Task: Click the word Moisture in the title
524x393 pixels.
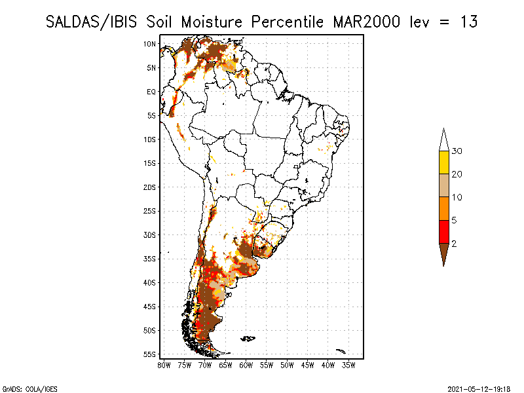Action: pos(212,22)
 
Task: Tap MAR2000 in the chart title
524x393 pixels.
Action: pos(367,22)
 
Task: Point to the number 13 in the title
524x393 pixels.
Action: pos(469,22)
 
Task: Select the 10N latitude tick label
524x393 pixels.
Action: pos(150,44)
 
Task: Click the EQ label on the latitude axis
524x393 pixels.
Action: pos(151,92)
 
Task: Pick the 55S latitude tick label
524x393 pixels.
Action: pos(150,354)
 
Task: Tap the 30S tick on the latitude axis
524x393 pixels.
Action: pos(150,235)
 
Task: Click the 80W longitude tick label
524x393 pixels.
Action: pos(164,365)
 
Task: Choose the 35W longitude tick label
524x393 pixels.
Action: pos(348,365)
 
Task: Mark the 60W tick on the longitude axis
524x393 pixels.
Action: pos(246,365)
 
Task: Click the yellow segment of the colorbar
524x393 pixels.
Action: pos(444,162)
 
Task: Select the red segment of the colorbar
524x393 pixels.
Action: pos(444,232)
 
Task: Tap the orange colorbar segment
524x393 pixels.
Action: pos(444,208)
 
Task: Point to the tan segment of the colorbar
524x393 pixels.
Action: pos(444,185)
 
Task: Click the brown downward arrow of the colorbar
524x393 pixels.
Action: pos(444,253)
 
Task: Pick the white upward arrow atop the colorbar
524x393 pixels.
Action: pos(444,141)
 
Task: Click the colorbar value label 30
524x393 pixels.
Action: pos(457,151)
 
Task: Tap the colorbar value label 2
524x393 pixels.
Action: pos(454,244)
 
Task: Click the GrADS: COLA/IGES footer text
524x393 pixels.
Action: pos(29,389)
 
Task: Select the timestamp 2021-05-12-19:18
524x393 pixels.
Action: pos(479,389)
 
